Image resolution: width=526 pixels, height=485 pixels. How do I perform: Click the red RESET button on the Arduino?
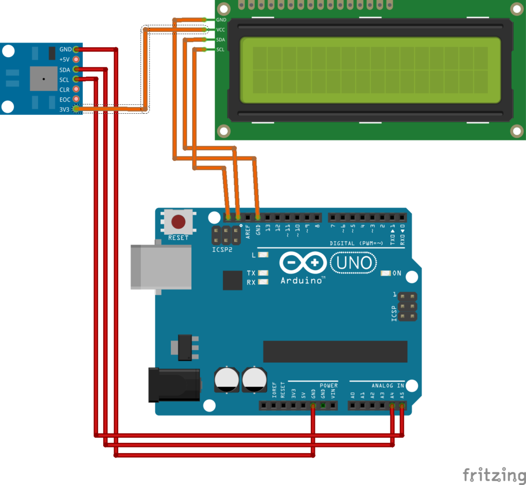pyautogui.click(x=178, y=222)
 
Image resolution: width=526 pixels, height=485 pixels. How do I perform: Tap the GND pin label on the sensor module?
pyautogui.click(x=65, y=49)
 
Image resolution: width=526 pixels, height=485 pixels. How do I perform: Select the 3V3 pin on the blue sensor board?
pyautogui.click(x=76, y=109)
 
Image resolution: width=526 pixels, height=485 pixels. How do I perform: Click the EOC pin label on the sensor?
pyautogui.click(x=65, y=99)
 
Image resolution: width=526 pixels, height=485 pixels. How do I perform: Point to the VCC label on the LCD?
pyautogui.click(x=221, y=29)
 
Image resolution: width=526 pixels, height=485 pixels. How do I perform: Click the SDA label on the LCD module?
pyautogui.click(x=221, y=40)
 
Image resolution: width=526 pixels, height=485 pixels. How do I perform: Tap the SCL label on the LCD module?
pyautogui.click(x=221, y=49)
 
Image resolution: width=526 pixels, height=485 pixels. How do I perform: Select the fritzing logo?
pyautogui.click(x=491, y=474)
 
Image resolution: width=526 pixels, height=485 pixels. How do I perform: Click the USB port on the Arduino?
pyautogui.click(x=160, y=266)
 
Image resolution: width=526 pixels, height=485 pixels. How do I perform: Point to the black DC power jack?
pyautogui.click(x=173, y=384)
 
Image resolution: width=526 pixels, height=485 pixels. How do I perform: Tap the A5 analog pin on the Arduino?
pyautogui.click(x=402, y=406)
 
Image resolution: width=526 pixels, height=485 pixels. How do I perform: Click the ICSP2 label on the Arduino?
pyautogui.click(x=222, y=250)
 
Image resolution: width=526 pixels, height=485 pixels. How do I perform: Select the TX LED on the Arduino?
pyautogui.click(x=264, y=273)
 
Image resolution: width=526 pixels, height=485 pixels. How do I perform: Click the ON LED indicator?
pyautogui.click(x=386, y=273)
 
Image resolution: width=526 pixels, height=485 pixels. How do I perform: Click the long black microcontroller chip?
pyautogui.click(x=335, y=351)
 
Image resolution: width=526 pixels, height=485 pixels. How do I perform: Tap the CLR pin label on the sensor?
pyautogui.click(x=65, y=89)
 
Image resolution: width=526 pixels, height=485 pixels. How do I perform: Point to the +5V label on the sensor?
pyautogui.click(x=64, y=60)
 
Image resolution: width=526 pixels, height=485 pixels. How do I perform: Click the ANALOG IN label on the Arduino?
pyautogui.click(x=388, y=385)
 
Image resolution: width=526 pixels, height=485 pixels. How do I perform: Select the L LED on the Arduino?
pyautogui.click(x=264, y=255)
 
